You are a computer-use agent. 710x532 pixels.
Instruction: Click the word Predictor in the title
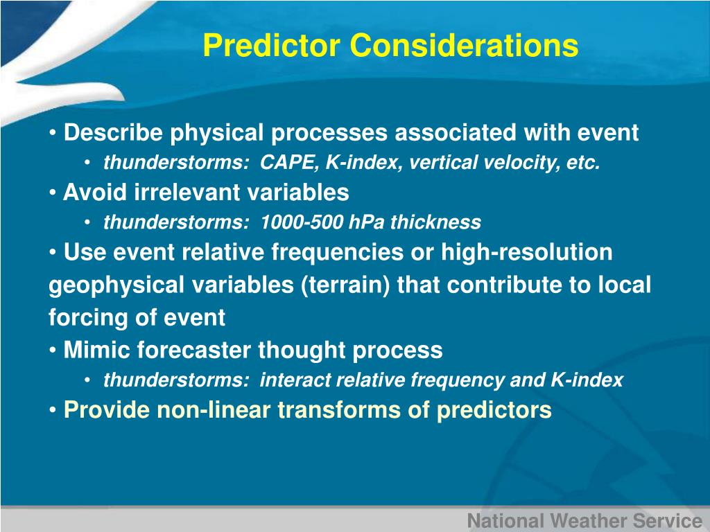point(272,45)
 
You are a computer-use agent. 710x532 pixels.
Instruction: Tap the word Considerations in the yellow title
point(464,45)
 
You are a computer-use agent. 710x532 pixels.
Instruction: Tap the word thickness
point(435,222)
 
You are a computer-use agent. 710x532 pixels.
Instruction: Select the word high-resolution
point(527,252)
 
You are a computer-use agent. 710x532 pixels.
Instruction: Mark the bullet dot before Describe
point(53,133)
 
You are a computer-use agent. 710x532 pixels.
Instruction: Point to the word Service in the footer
point(668,521)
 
